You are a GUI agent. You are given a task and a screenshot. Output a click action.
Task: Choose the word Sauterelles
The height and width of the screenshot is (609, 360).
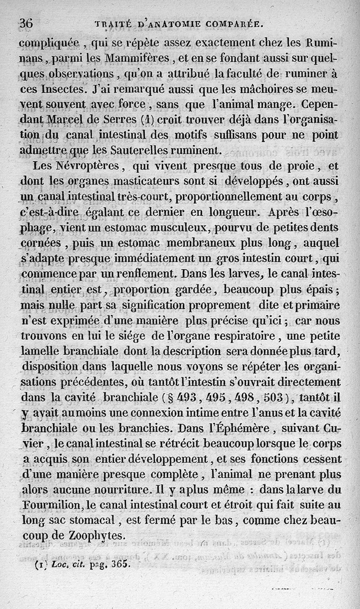153,149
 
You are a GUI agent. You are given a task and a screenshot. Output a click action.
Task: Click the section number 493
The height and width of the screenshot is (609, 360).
187,398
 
